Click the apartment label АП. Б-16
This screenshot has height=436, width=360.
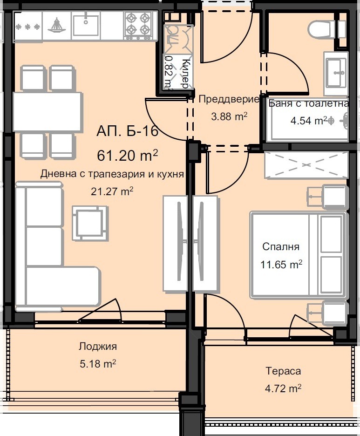128,131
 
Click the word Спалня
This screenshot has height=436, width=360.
281,247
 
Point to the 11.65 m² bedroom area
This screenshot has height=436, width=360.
281,264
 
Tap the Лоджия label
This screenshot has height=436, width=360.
97,346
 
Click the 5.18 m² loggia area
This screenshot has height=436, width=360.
97,363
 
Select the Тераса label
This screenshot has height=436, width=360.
283,371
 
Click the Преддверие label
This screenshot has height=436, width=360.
229,99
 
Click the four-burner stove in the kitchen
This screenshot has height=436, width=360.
138,25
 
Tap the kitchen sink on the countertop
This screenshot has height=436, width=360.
87,23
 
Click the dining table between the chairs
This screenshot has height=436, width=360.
48,111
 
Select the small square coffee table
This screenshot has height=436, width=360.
88,222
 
